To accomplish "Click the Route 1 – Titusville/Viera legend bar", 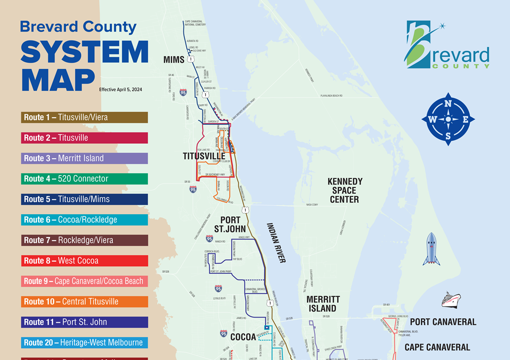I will click(85, 117).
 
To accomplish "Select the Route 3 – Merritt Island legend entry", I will click(85, 158).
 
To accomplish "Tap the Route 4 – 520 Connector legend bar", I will click(85, 178).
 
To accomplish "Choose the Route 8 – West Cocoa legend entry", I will click(85, 261).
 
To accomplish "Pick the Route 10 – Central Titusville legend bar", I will click(85, 301).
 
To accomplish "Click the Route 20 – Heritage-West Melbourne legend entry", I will click(85, 342).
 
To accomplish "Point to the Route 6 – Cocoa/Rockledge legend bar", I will click(85, 220).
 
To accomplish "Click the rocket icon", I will click(431, 249).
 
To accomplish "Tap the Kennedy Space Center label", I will click(345, 190).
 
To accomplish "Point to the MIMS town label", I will click(174, 60).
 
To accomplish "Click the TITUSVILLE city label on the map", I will click(204, 156).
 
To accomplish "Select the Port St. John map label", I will click(229, 225).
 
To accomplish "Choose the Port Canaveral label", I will click(443, 322).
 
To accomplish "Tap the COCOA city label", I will click(243, 337).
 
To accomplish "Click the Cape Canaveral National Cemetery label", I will click(195, 23).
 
